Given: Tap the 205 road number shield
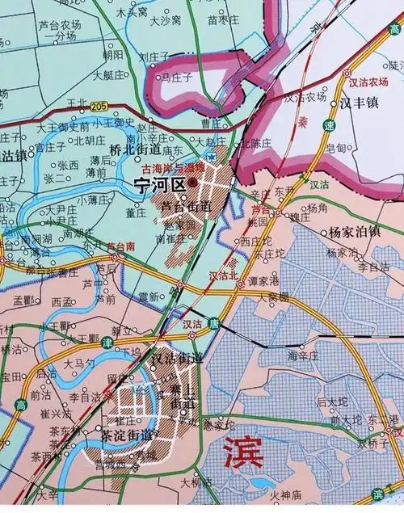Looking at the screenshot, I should click(x=99, y=106).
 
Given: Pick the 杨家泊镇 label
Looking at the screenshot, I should click(x=354, y=232).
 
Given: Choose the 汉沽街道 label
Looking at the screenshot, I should click(x=177, y=357).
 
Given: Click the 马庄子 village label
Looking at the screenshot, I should click(x=175, y=78).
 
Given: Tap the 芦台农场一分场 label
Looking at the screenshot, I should click(x=61, y=31).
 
